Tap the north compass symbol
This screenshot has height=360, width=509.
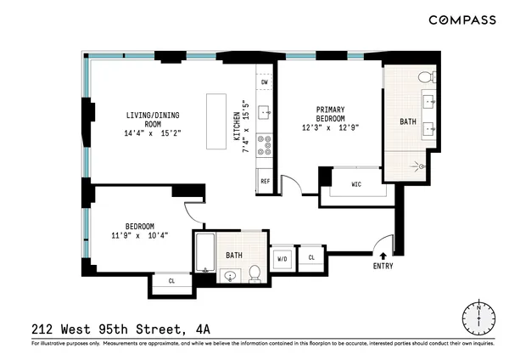pyautogui.click(x=478, y=318)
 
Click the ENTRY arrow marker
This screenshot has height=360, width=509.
pyautogui.click(x=383, y=253)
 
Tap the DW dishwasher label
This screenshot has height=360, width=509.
pyautogui.click(x=265, y=82)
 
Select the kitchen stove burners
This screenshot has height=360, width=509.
pyautogui.click(x=264, y=149)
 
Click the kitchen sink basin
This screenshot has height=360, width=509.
pyautogui.click(x=264, y=110)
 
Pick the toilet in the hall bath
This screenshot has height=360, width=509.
pyautogui.click(x=254, y=273)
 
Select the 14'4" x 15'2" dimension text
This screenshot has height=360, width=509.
pyautogui.click(x=153, y=133)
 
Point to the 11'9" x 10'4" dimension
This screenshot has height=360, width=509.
pyautogui.click(x=140, y=235)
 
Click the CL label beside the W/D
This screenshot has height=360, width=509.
pyautogui.click(x=311, y=257)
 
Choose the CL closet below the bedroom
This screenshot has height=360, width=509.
pyautogui.click(x=171, y=280)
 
